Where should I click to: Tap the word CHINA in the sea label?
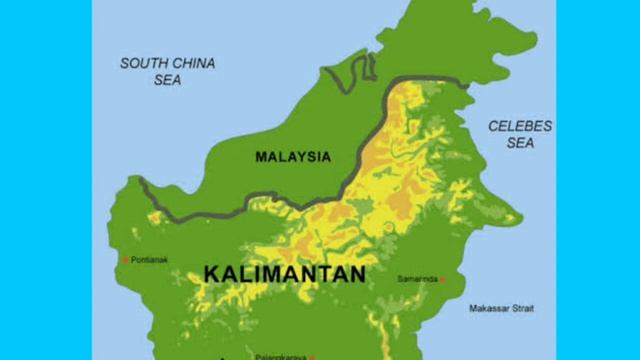[191, 62]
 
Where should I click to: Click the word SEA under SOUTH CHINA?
[167, 80]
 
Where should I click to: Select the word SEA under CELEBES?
[520, 144]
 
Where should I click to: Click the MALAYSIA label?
[292, 157]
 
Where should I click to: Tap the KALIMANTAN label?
[284, 272]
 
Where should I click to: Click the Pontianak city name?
[149, 260]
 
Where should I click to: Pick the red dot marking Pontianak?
[125, 260]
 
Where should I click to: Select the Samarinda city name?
[418, 278]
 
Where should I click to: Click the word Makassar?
[489, 308]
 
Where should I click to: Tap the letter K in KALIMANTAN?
[211, 272]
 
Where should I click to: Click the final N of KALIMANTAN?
[357, 272]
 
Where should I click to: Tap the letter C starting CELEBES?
[492, 126]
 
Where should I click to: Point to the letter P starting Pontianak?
[133, 260]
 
